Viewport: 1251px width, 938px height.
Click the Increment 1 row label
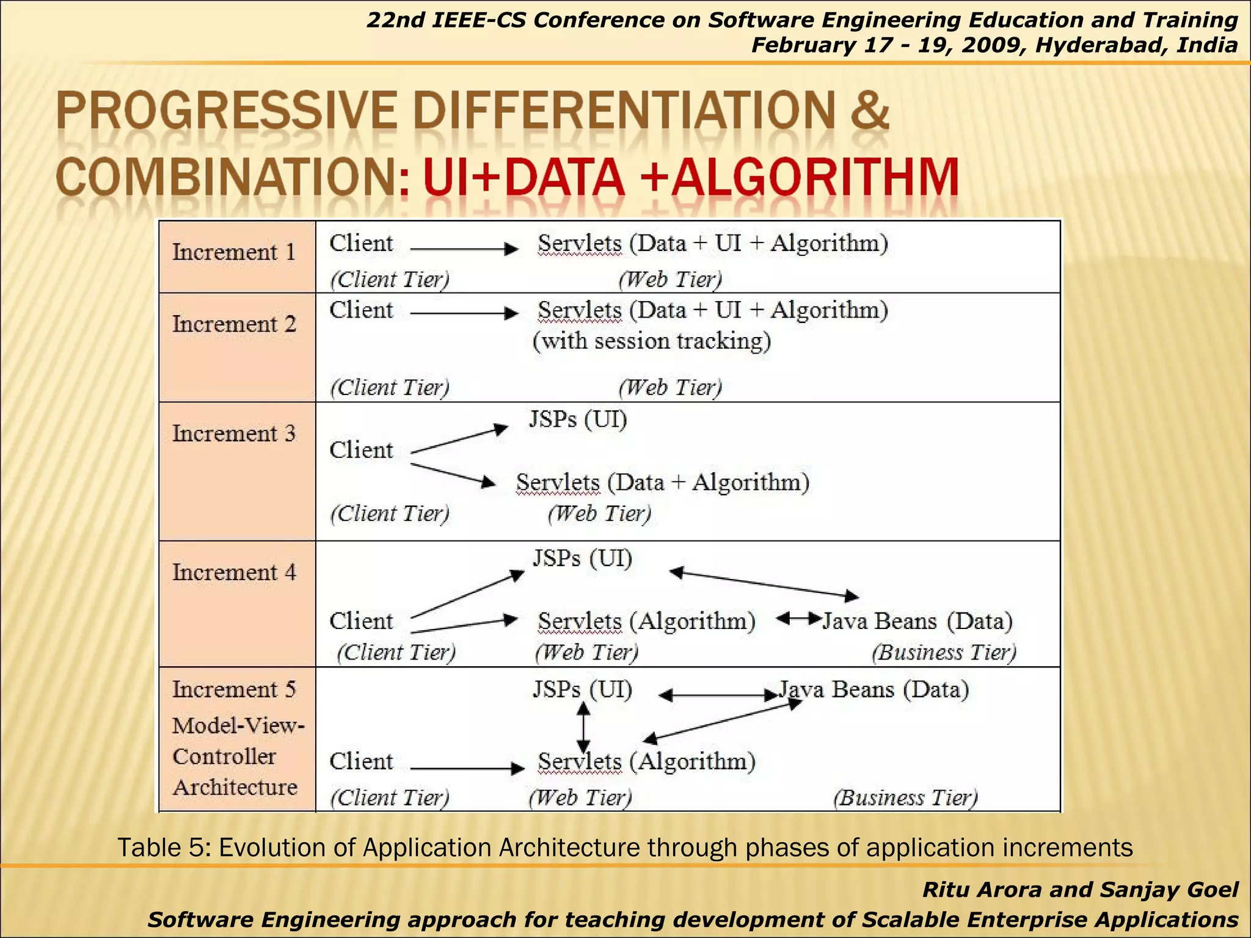[x=233, y=252]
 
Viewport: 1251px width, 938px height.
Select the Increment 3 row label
[x=233, y=434]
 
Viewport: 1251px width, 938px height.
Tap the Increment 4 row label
[x=233, y=573]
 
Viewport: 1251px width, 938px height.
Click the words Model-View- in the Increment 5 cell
[x=238, y=726]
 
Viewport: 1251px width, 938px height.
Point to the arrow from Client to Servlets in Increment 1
[x=464, y=249]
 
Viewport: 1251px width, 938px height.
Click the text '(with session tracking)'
[x=652, y=341]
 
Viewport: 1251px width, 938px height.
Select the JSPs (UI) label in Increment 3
[x=578, y=420]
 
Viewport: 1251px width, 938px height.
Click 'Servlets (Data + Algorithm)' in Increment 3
[x=663, y=482]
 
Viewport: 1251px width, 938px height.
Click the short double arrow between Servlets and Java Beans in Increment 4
[x=798, y=619]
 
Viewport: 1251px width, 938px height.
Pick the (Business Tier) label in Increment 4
[x=944, y=652]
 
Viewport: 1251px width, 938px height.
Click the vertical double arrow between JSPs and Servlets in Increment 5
[x=583, y=727]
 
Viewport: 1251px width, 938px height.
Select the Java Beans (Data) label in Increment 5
[x=874, y=689]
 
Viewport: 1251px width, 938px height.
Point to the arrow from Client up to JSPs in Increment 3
[x=459, y=440]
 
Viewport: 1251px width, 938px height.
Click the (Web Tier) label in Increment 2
[x=670, y=387]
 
